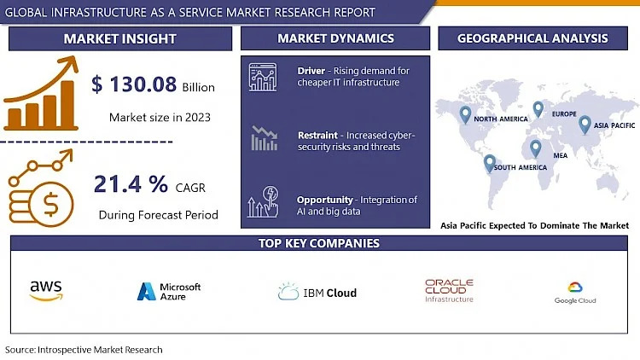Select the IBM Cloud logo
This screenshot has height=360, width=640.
coord(317,293)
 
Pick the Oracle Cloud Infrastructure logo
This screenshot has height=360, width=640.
coord(449,291)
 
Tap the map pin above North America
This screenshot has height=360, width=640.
coord(465,113)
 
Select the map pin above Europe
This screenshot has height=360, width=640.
coord(538,109)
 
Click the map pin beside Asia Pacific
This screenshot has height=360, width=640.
coord(585,125)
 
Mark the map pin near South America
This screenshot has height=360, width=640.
coord(489,162)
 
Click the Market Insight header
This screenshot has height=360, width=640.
coord(120,38)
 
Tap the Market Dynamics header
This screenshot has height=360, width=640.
coord(335,38)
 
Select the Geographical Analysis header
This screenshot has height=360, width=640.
coord(532,38)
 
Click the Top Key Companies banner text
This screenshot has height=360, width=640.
coord(319,243)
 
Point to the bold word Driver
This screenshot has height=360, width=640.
coord(311,70)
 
